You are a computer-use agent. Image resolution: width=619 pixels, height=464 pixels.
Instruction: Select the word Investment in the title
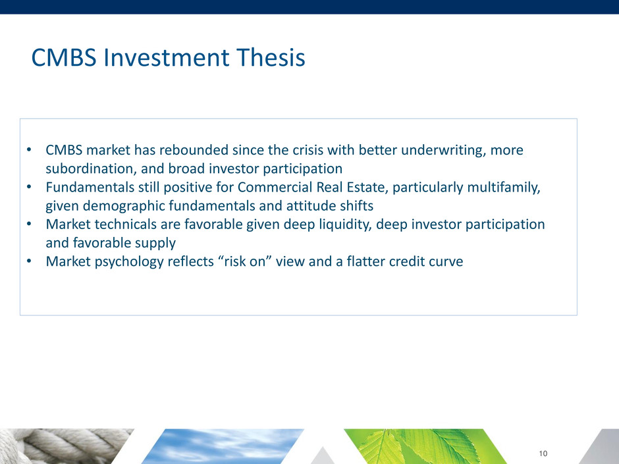(x=166, y=57)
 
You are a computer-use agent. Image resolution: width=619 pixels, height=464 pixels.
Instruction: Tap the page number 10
(x=543, y=453)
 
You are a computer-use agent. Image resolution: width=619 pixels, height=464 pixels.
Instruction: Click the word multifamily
(x=504, y=188)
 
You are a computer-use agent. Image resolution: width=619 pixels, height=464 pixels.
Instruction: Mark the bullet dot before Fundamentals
(x=29, y=187)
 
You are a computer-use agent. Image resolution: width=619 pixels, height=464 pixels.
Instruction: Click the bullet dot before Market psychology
(x=29, y=261)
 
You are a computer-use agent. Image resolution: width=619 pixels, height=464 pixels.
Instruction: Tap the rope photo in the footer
(x=63, y=446)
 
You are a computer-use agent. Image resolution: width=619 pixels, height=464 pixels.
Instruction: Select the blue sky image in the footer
(x=223, y=446)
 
